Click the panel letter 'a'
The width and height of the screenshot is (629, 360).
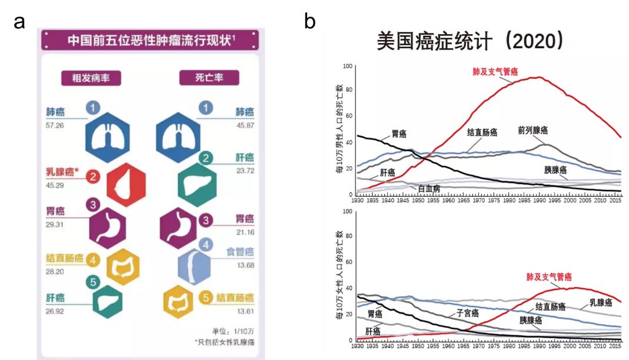[x=20, y=23]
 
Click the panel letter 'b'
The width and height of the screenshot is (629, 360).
[x=310, y=22]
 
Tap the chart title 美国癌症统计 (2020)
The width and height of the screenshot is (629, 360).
[x=470, y=41]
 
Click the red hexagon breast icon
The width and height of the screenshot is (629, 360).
[x=126, y=186]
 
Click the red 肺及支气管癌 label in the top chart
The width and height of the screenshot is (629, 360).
[x=495, y=72]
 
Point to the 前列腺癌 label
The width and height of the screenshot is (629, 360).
[x=533, y=131]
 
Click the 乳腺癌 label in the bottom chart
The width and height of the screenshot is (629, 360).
[x=601, y=302]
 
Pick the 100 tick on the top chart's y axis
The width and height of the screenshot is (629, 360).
[x=347, y=66]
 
